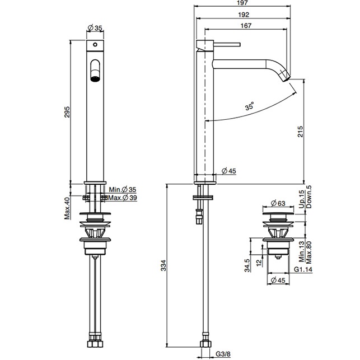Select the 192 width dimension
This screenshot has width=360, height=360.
(243, 15)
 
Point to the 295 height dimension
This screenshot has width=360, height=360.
(67, 111)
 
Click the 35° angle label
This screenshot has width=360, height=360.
(250, 106)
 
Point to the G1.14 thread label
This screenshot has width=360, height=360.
(303, 270)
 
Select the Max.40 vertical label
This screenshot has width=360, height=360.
(67, 208)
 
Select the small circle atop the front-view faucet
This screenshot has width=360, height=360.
(95, 44)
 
